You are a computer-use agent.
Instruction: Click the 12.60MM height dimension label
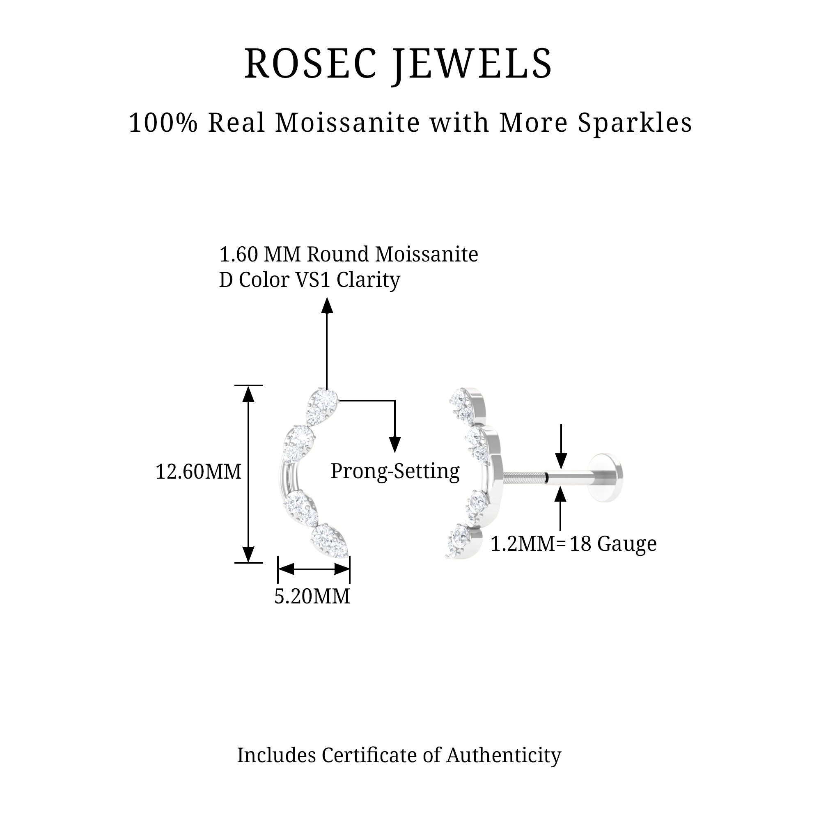(x=198, y=472)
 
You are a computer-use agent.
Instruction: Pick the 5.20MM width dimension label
(x=312, y=596)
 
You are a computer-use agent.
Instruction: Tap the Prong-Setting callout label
(x=395, y=471)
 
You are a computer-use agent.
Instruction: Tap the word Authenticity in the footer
(x=504, y=756)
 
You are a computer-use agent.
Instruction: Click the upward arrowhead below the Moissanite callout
(x=327, y=305)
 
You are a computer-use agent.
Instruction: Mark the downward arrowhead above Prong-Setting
(x=395, y=444)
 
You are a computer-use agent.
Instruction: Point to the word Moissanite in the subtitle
(x=348, y=123)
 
